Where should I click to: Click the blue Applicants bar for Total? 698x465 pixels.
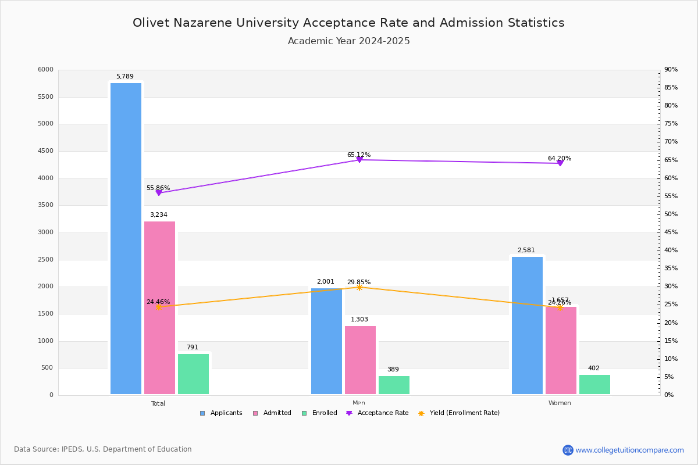(x=126, y=238)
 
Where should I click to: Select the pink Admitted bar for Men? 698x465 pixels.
(x=360, y=360)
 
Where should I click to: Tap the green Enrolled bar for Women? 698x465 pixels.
(x=594, y=384)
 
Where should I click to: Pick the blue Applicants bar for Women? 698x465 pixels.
(x=527, y=325)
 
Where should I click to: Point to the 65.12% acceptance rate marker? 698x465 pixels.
(x=359, y=159)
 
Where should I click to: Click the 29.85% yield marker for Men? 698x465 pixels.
(x=359, y=287)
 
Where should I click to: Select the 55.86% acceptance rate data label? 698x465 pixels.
(x=158, y=188)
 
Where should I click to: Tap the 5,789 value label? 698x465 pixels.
(x=124, y=77)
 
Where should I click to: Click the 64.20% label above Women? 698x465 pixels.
(x=559, y=159)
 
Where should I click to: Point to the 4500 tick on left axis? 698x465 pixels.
(x=45, y=151)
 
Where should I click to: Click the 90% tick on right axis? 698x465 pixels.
(x=671, y=70)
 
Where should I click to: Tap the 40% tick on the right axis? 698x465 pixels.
(x=671, y=251)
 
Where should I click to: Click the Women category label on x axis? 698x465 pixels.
(x=560, y=403)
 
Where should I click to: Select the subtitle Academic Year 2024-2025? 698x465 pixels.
(x=349, y=41)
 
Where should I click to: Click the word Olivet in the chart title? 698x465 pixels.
(x=150, y=23)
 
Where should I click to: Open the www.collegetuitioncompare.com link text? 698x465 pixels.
(x=629, y=450)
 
